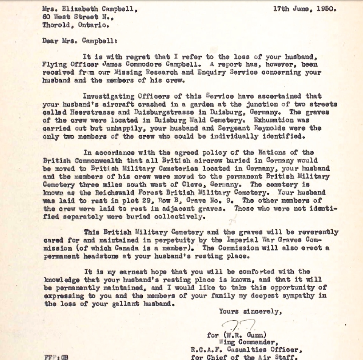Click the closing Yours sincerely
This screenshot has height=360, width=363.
click(x=251, y=311)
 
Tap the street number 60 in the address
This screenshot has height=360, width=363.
click(x=47, y=17)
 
